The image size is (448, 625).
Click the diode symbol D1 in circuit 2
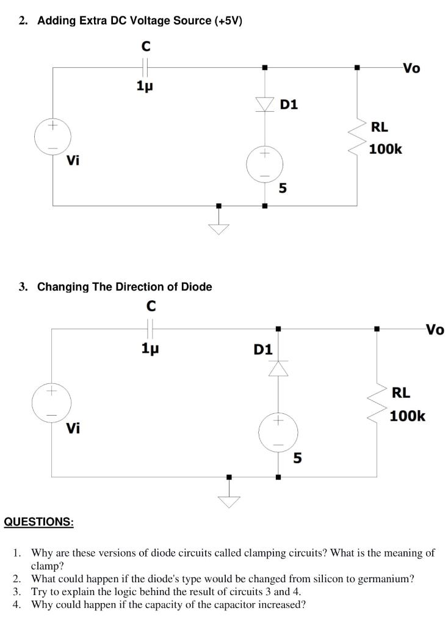pos(264,105)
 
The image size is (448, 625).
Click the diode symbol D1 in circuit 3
pos(279,369)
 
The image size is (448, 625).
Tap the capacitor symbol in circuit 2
pos(145,67)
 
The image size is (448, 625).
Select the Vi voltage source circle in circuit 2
pos(52,137)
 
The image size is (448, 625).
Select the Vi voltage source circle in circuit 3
pos(52,402)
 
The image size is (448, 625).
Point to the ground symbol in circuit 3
pos(229,499)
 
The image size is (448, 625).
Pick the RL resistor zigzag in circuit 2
pos(356,138)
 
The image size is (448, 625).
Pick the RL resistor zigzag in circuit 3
pos(376,403)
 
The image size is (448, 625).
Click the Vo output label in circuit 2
pos(411,68)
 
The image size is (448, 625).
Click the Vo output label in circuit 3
pos(435,330)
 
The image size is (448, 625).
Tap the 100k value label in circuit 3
pos(407,416)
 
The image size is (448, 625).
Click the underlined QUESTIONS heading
pos(38,522)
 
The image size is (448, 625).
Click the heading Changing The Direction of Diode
pos(125,287)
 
